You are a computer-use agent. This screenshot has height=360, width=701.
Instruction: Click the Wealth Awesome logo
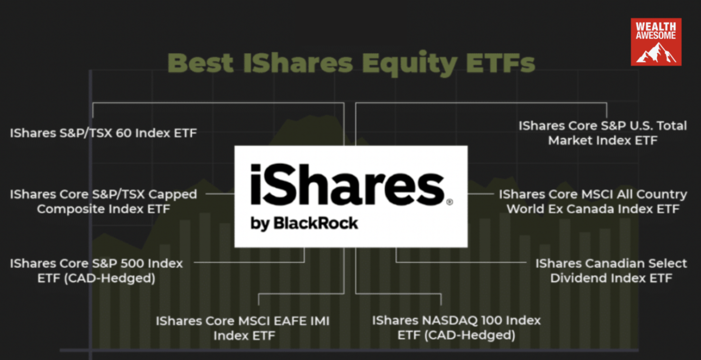[x=656, y=42]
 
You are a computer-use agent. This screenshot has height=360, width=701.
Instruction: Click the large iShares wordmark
[x=347, y=185]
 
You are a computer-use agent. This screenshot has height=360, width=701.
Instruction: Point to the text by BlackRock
[x=304, y=223]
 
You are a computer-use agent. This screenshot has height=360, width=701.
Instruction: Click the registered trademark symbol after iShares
[x=450, y=202]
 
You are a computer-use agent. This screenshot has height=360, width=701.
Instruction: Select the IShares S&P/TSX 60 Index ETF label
[x=103, y=133]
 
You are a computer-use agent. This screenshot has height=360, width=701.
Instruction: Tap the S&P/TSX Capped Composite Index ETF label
[x=103, y=201]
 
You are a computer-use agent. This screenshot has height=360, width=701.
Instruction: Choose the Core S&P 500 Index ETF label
[x=96, y=270]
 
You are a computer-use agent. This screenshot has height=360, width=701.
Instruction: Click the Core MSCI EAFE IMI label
[x=243, y=328]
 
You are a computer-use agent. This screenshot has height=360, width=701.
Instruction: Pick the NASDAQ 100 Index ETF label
[x=456, y=328]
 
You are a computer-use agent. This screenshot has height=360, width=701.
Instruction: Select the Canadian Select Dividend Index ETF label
[x=611, y=270]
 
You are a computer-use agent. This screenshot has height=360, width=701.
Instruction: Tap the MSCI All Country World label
[x=593, y=201]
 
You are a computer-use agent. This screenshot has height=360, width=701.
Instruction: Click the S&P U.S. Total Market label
[x=602, y=133]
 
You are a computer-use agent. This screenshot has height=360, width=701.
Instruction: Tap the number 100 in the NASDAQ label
[x=484, y=321]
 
